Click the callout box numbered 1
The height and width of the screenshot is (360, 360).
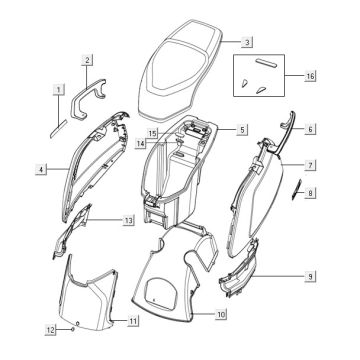tap(59, 90)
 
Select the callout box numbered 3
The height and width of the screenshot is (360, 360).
tap(247, 42)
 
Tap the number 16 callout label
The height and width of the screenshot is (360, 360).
tap(310, 76)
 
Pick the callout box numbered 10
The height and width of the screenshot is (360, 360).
tap(221, 314)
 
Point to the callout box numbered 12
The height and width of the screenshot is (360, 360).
tap(51, 330)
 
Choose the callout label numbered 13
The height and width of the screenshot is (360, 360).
tap(129, 220)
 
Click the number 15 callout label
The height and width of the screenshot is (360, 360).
tap(152, 134)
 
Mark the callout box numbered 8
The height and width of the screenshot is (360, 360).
tap(310, 193)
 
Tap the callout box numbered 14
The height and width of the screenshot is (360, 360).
tap(141, 143)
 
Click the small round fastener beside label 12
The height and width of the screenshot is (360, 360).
tap(72, 329)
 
